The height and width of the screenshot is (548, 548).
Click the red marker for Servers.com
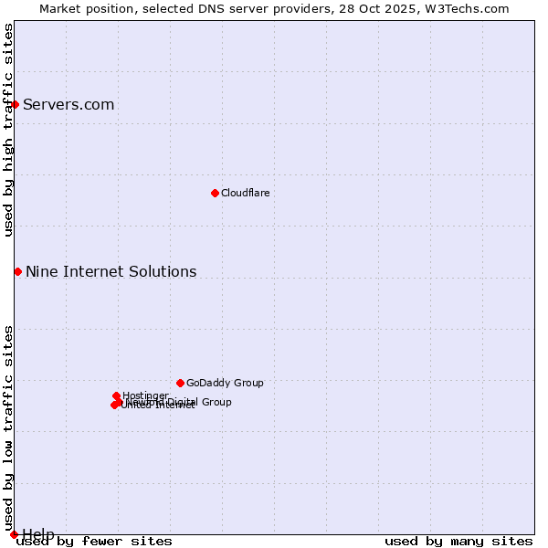point(15,104)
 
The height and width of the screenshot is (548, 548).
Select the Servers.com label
point(68,104)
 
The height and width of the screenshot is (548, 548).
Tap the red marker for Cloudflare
point(215,193)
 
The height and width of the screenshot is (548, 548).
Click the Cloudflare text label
point(245,193)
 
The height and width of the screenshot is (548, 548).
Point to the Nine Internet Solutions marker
point(17,271)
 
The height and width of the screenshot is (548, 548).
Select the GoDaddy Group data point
point(180,383)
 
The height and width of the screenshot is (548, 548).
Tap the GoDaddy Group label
point(225,383)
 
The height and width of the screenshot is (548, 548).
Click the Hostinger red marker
point(116,395)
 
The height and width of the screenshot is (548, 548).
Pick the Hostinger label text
point(145,395)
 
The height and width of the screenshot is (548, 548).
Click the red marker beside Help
point(14,534)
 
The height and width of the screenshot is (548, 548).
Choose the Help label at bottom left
point(38,533)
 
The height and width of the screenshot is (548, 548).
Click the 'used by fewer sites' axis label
point(94,541)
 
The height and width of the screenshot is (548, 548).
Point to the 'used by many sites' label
point(458,541)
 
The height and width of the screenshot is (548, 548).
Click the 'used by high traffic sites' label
point(8,130)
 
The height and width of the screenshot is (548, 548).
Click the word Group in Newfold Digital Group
point(216,402)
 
